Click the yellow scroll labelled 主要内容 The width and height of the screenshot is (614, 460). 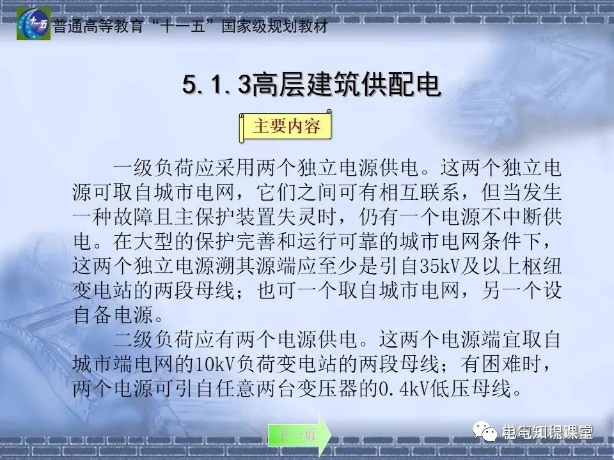(x=287, y=126)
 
